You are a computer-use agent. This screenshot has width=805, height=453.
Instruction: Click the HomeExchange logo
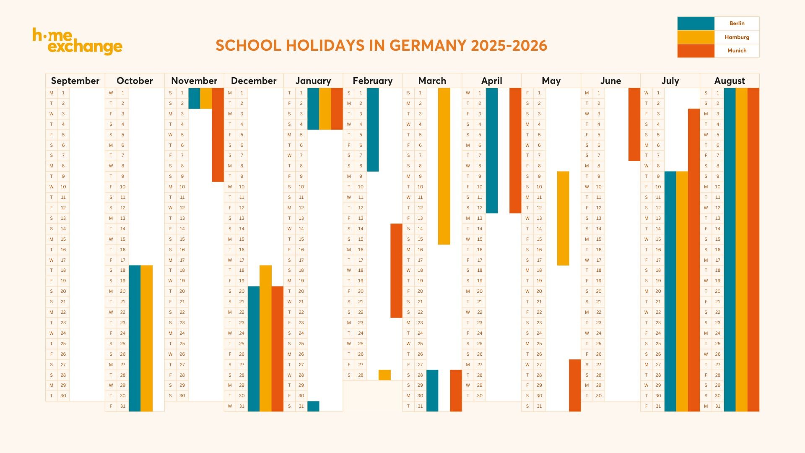coord(77,41)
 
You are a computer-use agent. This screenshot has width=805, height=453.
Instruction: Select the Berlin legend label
coord(737,23)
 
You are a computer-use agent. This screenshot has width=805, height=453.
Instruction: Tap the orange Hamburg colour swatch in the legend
coord(696,37)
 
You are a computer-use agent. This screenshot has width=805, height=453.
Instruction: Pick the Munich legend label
coord(737,51)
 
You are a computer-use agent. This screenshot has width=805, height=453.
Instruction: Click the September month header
coord(75,81)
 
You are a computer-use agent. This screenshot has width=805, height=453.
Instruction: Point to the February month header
coord(372,81)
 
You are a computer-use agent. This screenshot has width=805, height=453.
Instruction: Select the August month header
coord(729,81)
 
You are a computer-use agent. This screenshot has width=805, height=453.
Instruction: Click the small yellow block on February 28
coord(384,375)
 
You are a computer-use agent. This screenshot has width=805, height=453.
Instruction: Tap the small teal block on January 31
coord(313,406)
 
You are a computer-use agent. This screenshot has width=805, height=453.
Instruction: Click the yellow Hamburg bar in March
coord(444,166)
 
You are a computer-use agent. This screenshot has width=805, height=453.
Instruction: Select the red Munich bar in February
coord(396,271)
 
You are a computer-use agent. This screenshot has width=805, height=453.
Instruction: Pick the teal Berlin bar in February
coord(373,129)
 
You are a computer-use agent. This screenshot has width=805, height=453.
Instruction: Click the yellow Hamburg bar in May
coord(563,218)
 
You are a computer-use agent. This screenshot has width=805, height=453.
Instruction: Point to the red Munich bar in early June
coord(634,124)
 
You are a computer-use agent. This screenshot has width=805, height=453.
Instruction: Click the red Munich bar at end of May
coord(575,385)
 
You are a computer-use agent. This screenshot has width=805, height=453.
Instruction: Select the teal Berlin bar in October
coord(135,338)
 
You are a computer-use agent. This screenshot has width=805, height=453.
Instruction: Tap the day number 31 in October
coord(122,406)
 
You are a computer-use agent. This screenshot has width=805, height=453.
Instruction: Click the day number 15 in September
coord(63,239)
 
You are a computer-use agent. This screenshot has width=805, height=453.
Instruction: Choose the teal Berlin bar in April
coord(492,150)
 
